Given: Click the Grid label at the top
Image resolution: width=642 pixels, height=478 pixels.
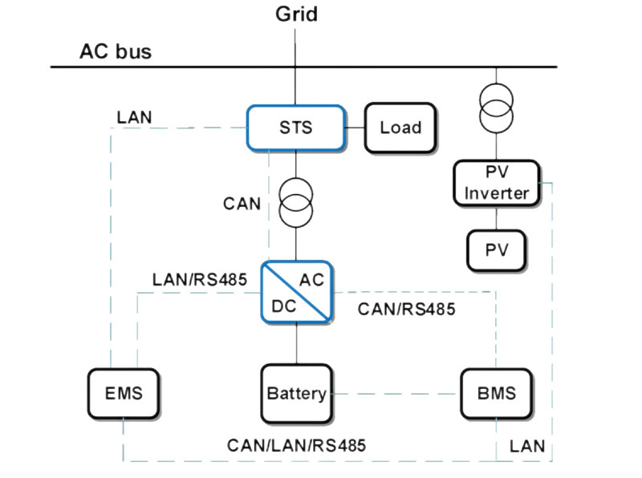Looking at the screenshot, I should pyautogui.click(x=296, y=14).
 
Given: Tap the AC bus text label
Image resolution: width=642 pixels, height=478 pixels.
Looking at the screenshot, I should pyautogui.click(x=115, y=53).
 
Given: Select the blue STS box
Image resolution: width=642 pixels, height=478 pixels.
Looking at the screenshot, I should pyautogui.click(x=296, y=128).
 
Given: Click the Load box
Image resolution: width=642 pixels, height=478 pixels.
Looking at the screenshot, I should pyautogui.click(x=400, y=128).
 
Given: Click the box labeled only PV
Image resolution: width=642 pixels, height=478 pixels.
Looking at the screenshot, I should pyautogui.click(x=497, y=250).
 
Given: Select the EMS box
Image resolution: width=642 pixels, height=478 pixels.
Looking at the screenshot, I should pyautogui.click(x=124, y=393).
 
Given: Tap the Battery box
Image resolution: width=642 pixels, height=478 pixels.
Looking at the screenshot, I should pyautogui.click(x=296, y=393).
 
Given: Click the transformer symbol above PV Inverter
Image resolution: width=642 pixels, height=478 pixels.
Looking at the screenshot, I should pyautogui.click(x=495, y=107).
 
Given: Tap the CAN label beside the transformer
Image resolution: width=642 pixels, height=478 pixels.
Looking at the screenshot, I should pyautogui.click(x=242, y=204).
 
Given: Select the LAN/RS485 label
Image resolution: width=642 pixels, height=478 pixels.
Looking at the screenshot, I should pyautogui.click(x=199, y=280).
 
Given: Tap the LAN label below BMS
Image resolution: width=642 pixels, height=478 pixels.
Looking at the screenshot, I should pyautogui.click(x=526, y=446).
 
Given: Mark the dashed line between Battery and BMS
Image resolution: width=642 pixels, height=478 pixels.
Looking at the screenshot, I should pyautogui.click(x=395, y=394).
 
